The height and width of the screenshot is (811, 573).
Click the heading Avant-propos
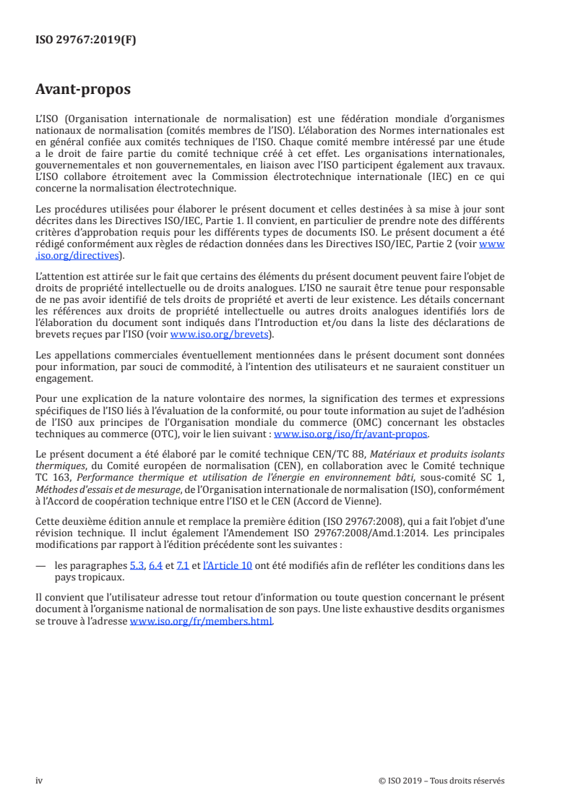pos(83,90)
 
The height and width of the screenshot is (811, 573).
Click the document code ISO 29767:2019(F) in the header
pos(86,40)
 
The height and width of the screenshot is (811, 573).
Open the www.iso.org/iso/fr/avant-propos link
pos(351,434)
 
